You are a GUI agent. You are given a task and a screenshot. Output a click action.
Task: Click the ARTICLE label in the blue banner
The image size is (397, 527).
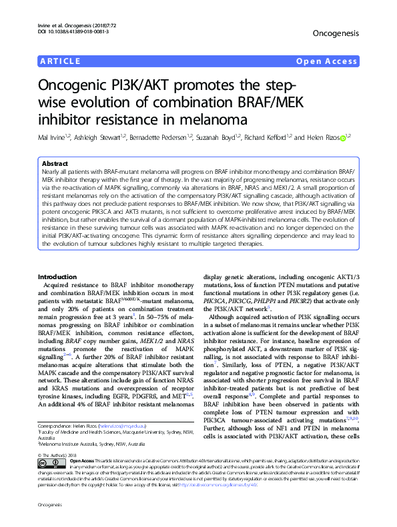click(x=59, y=62)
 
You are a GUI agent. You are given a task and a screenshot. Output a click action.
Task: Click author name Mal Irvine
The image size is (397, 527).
click(x=52, y=138)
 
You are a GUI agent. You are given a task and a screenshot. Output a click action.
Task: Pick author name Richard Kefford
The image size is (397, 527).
click(x=266, y=138)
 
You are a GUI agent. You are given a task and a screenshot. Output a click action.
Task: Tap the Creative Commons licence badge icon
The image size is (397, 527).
click(x=50, y=465)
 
